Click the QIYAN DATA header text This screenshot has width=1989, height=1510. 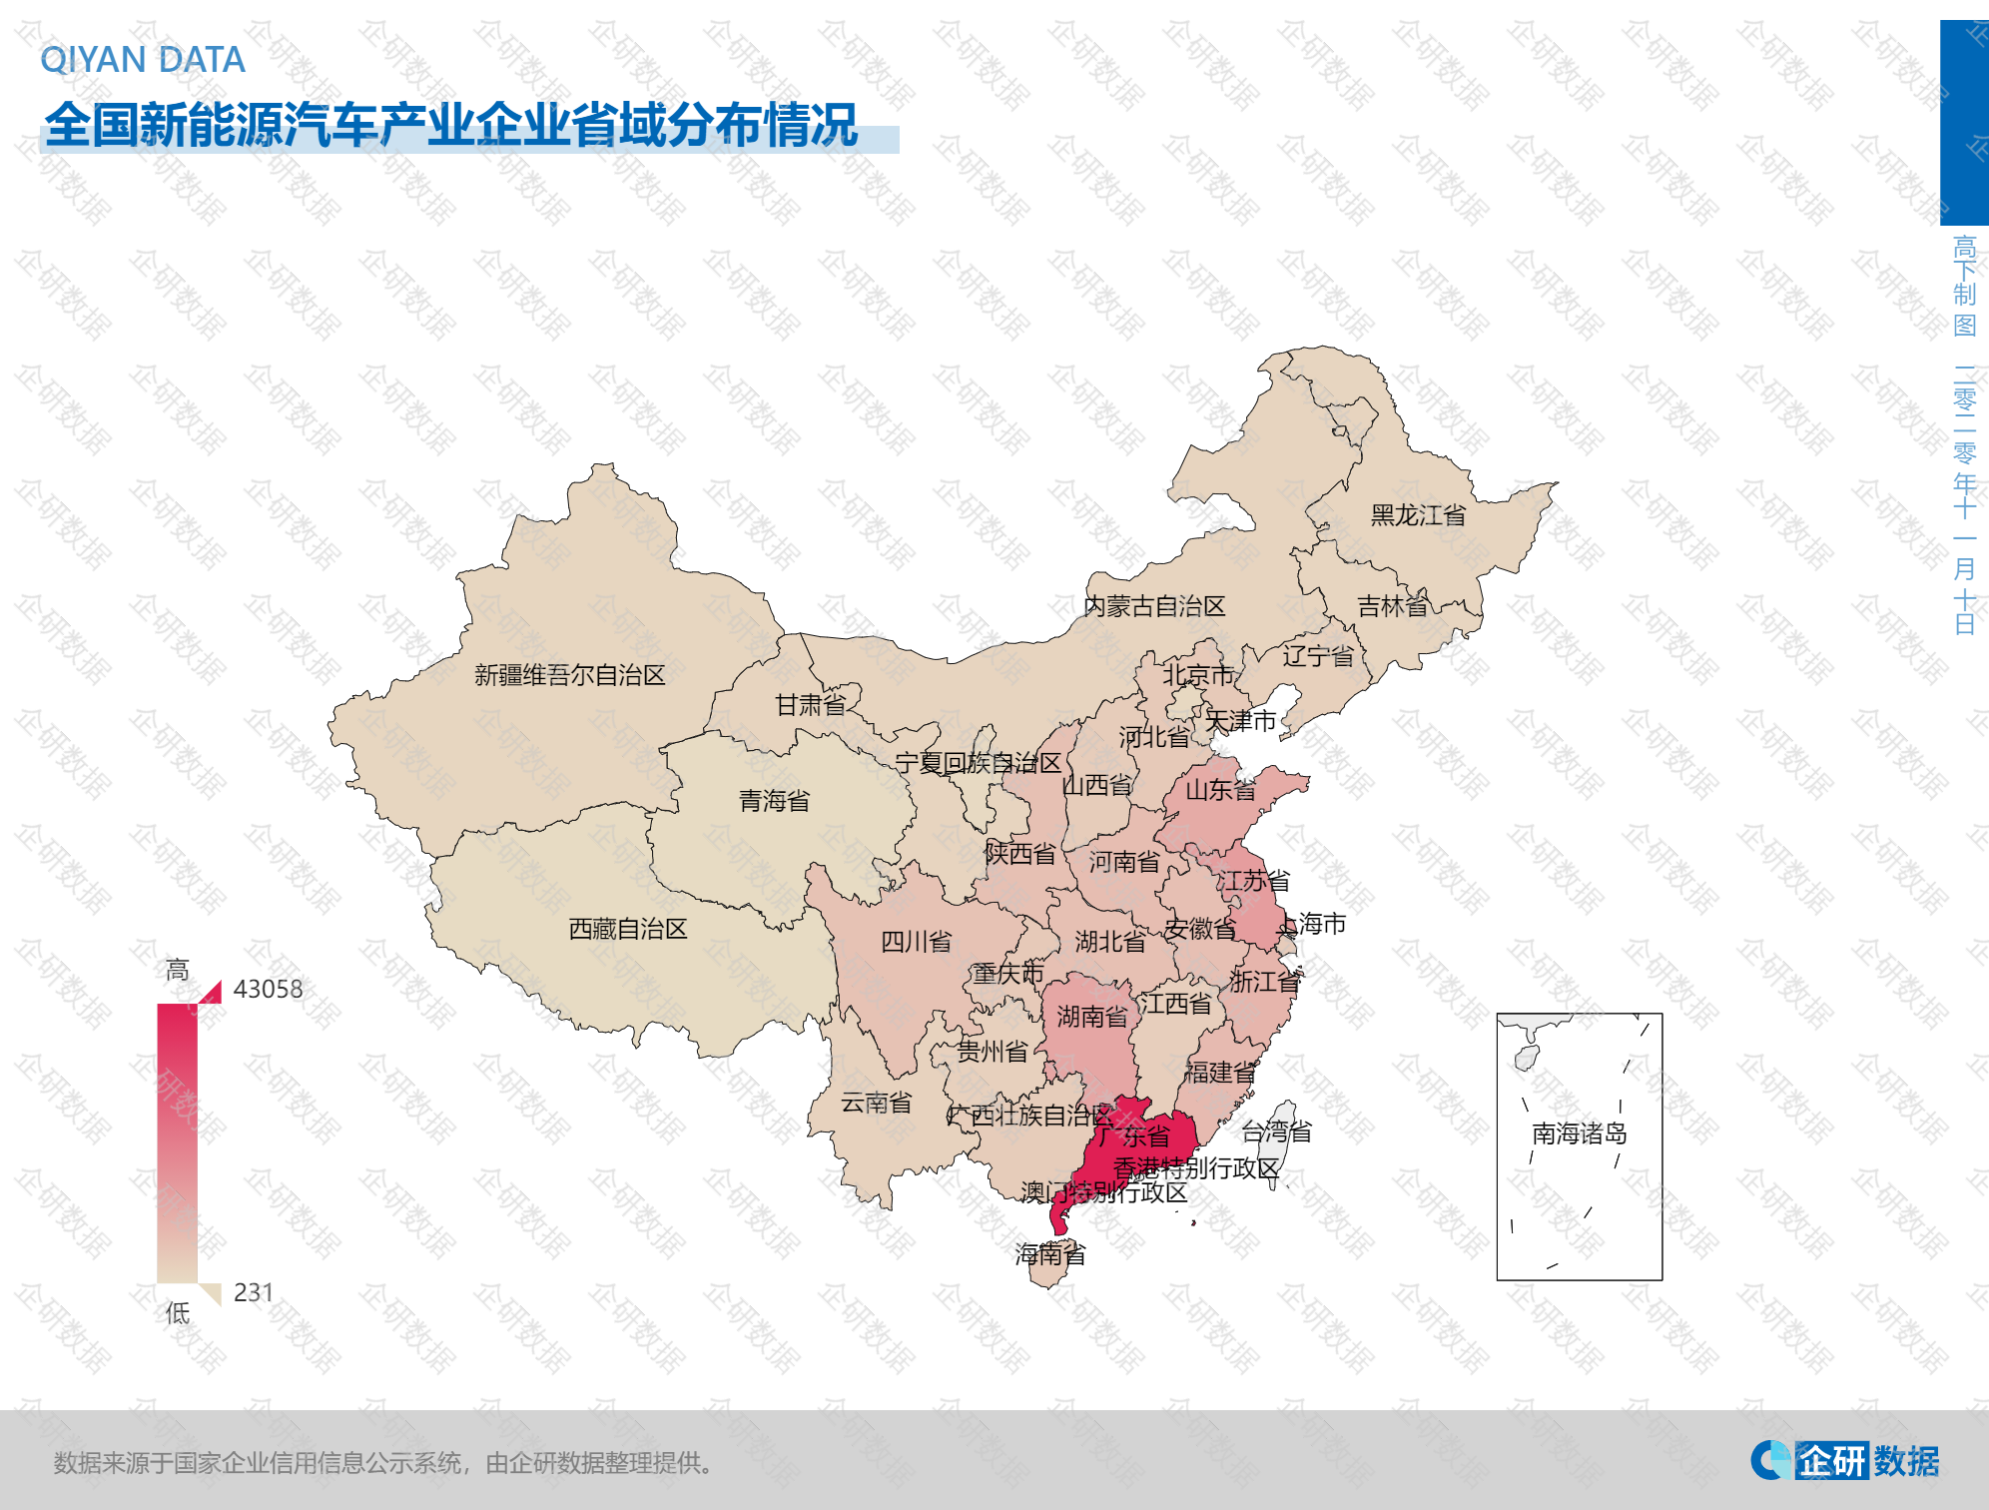tap(143, 60)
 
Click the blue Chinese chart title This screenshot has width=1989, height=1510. tap(451, 126)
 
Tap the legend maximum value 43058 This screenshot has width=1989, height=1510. tap(268, 989)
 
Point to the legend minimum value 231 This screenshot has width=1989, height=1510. tap(254, 1292)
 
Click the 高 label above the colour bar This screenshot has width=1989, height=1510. tap(177, 970)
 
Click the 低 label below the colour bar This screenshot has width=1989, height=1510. tap(177, 1313)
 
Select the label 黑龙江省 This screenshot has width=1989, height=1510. tap(1418, 515)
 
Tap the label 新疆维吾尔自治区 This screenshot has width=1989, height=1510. tap(569, 675)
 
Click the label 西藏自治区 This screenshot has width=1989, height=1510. tap(627, 929)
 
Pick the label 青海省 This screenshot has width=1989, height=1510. tap(774, 801)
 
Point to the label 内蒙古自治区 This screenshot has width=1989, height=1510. tap(1154, 606)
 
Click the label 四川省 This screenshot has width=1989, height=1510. tap(916, 942)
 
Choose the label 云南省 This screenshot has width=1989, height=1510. tap(876, 1103)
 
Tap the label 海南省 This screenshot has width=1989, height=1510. tap(1049, 1254)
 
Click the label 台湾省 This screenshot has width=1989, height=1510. tap(1276, 1132)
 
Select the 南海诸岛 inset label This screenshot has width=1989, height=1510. tap(1579, 1133)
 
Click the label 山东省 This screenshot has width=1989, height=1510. tap(1220, 791)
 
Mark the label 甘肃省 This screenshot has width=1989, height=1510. tap(810, 705)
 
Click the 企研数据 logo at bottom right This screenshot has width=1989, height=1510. tap(1844, 1461)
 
